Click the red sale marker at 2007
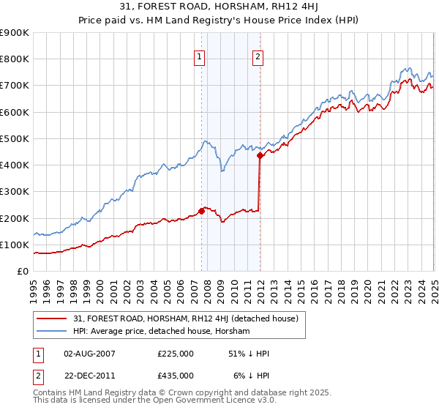(x=201, y=212)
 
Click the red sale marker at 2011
(x=260, y=155)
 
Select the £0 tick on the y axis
(x=22, y=272)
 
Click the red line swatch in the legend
(x=53, y=318)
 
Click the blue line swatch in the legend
(x=53, y=331)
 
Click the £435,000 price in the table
(x=176, y=375)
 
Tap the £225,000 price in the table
(x=176, y=353)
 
